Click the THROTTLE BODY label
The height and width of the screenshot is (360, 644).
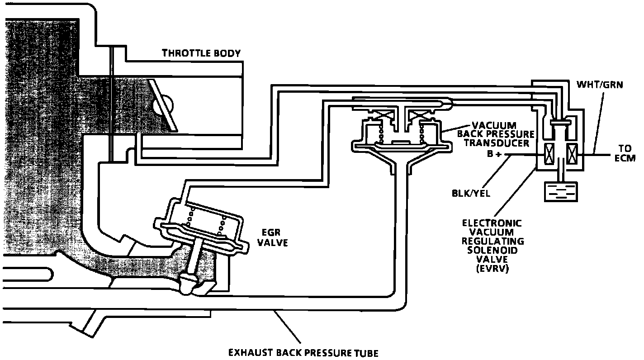coord(201,53)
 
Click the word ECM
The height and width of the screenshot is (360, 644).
coord(625,158)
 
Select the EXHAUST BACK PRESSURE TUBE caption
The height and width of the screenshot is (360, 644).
coord(303,352)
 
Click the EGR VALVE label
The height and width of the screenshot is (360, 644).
coord(272,237)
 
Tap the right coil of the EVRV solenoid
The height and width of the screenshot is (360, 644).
coord(572,154)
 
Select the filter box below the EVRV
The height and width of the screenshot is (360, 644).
coord(560,191)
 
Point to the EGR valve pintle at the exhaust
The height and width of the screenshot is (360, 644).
coord(188,285)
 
